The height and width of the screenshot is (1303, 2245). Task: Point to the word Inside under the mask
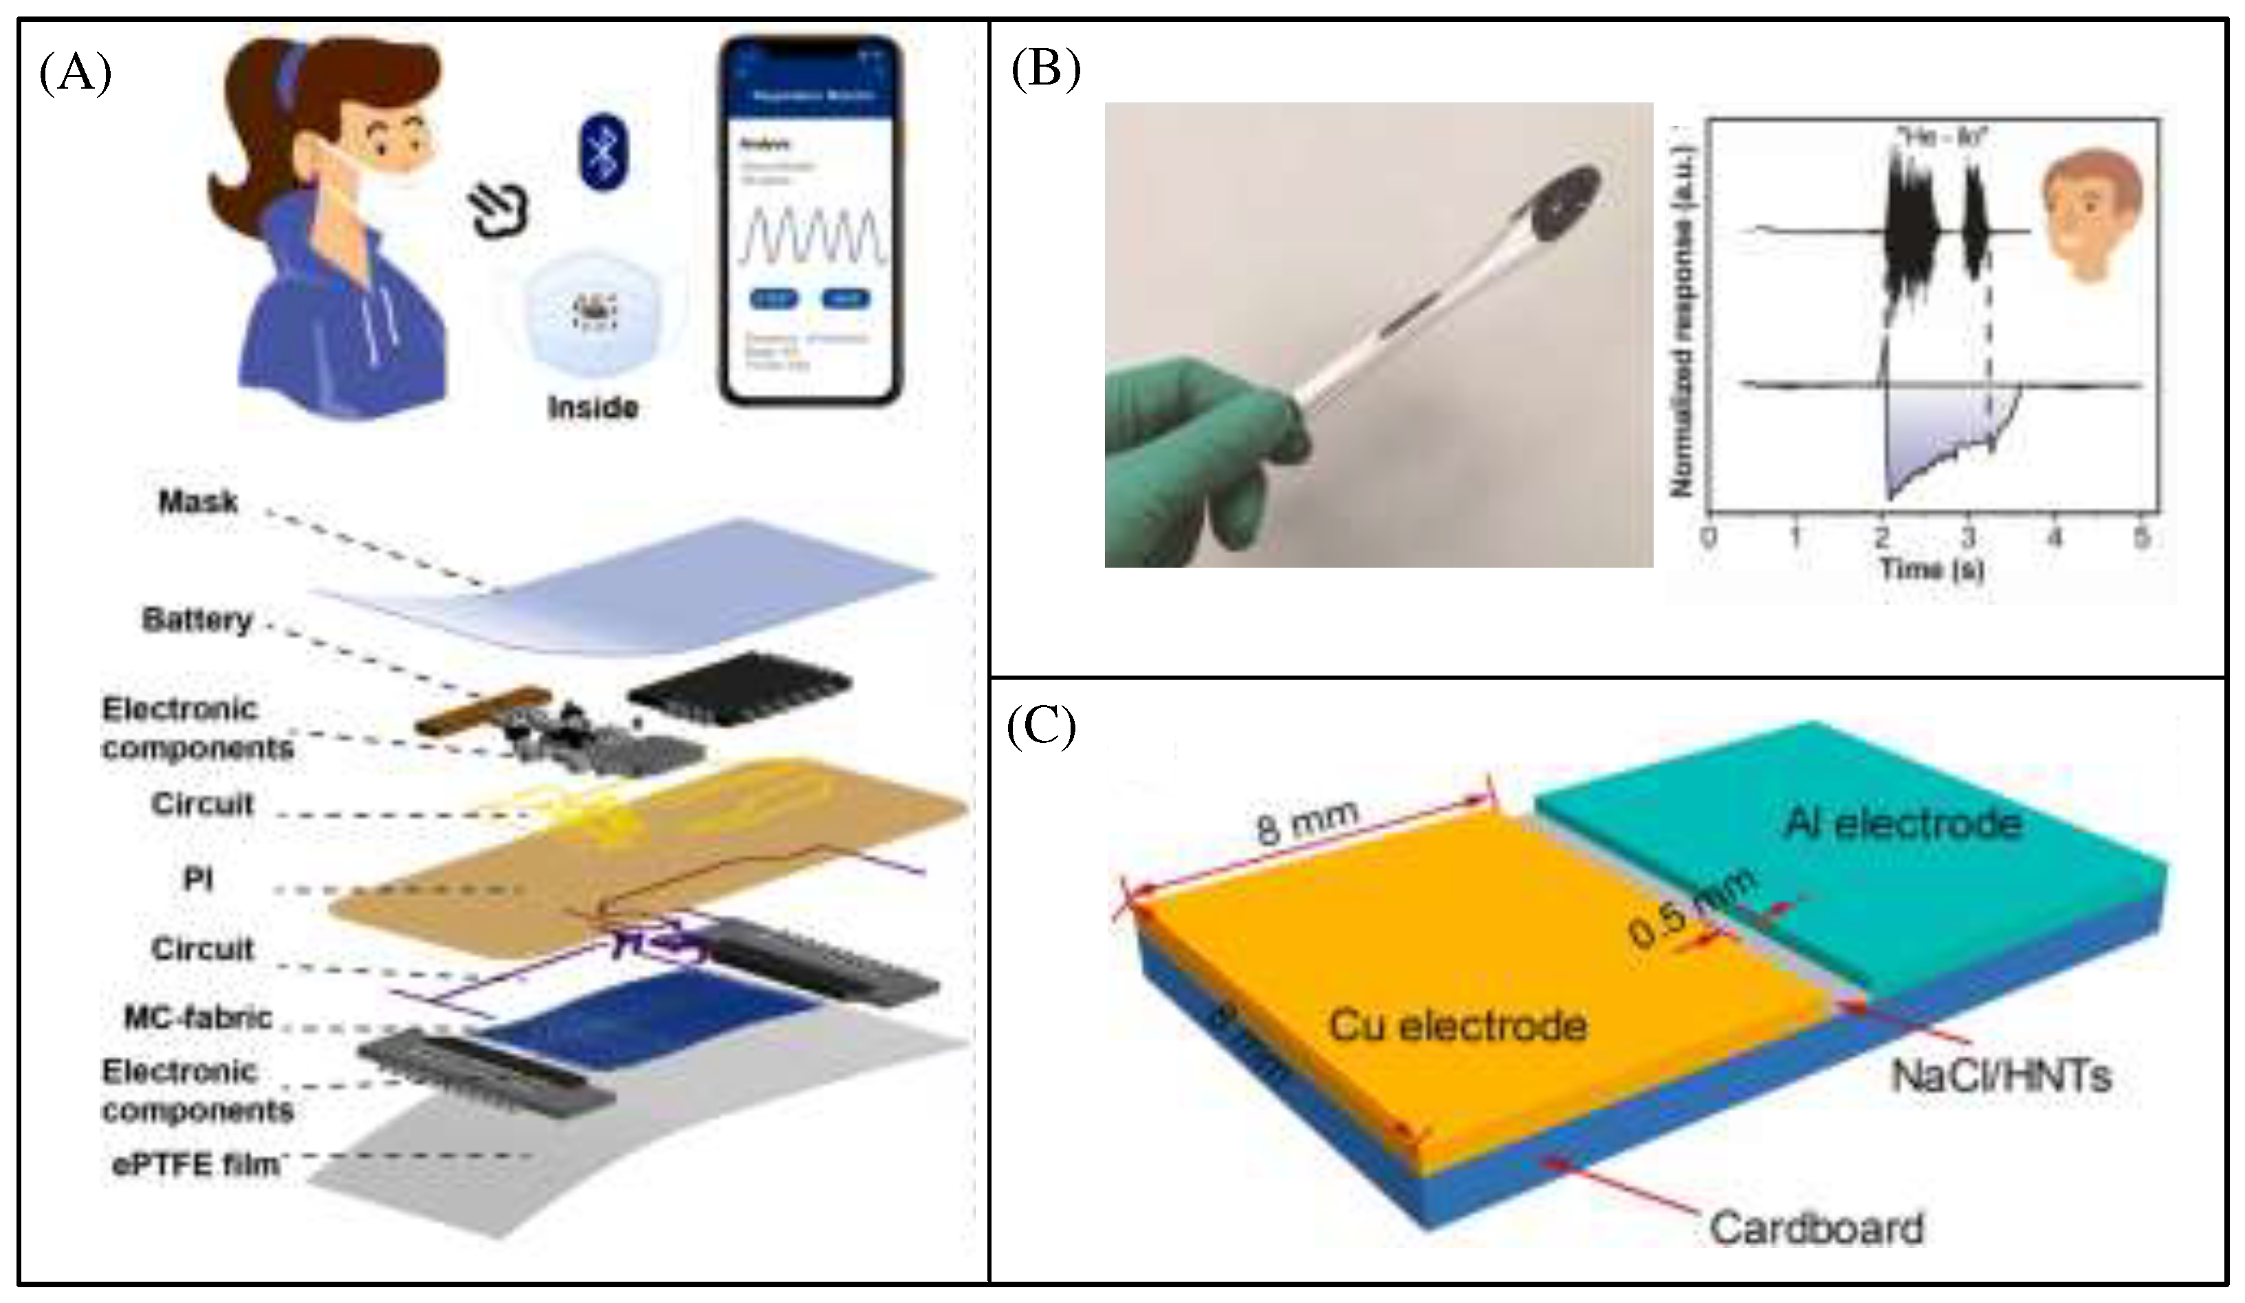(x=593, y=408)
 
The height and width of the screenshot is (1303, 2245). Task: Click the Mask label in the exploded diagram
(x=198, y=502)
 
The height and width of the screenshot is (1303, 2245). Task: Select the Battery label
(x=197, y=620)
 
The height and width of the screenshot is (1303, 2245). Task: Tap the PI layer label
(x=198, y=880)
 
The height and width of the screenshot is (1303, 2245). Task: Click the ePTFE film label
(x=196, y=1164)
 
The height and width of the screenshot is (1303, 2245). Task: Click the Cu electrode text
(x=1458, y=1026)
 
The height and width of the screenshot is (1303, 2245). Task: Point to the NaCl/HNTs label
(x=2001, y=1076)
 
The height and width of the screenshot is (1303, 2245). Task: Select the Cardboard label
(x=1816, y=1229)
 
